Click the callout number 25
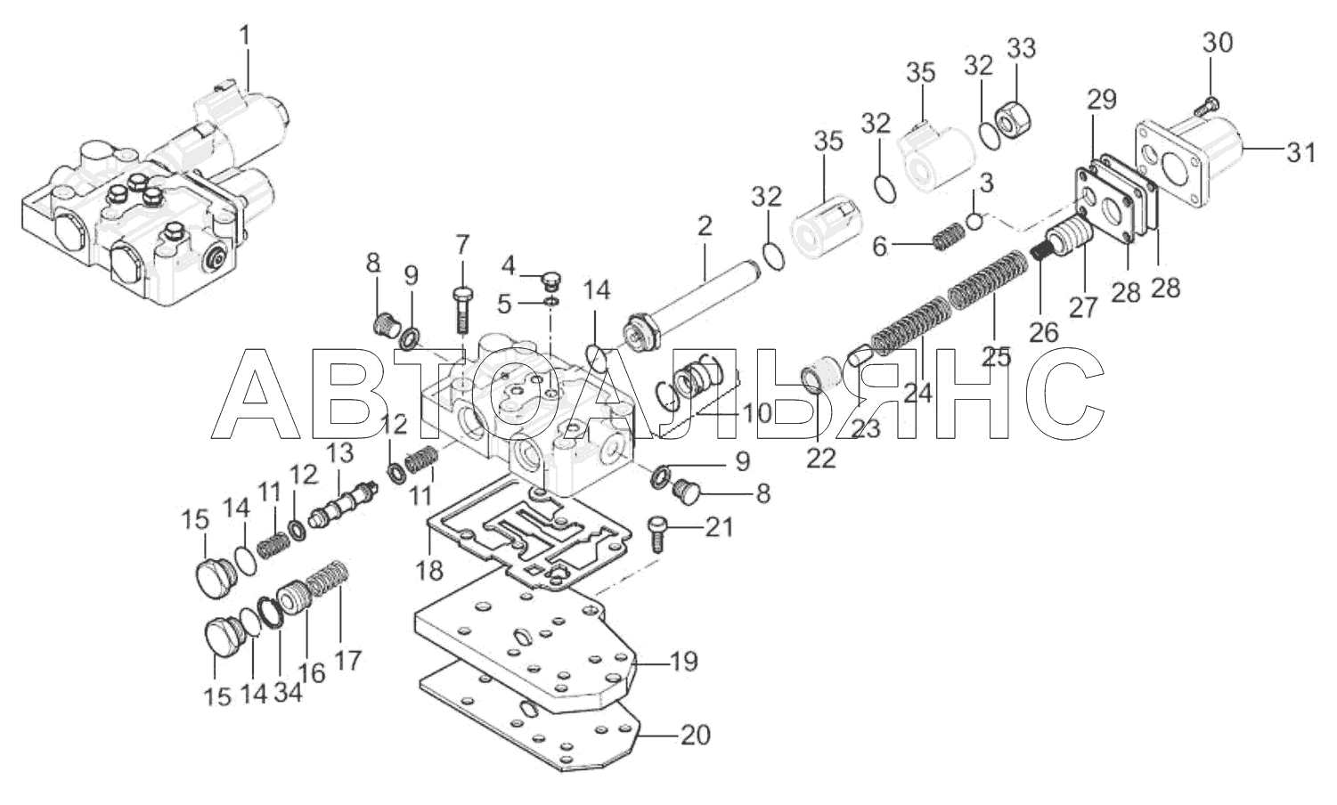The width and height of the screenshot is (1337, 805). tap(996, 356)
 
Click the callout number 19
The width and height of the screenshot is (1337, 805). tap(682, 661)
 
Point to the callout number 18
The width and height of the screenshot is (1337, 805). tap(429, 569)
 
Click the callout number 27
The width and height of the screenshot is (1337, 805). tap(1082, 306)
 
